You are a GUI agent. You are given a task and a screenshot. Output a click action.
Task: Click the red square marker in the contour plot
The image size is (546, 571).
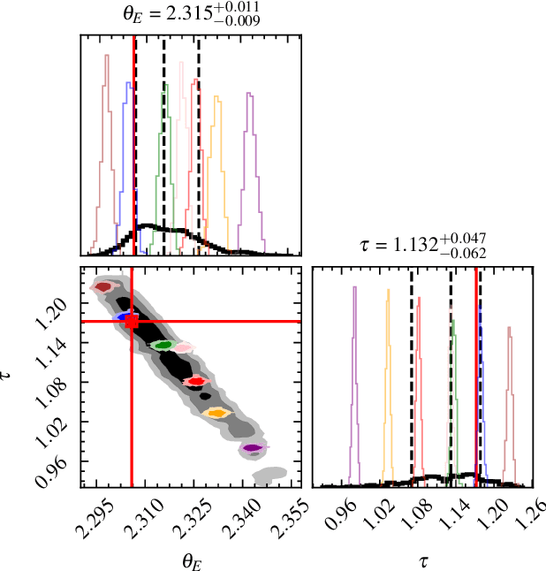click(132, 322)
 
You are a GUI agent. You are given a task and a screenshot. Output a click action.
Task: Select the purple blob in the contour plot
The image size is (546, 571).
click(253, 449)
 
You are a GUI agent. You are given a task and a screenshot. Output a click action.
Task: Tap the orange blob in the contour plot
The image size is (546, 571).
click(215, 412)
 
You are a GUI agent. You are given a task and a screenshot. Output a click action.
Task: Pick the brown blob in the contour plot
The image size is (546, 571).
click(104, 286)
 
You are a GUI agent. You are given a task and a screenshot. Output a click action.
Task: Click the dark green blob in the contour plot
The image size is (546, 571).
click(162, 345)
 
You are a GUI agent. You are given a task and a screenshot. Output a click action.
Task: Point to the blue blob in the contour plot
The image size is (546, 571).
click(123, 316)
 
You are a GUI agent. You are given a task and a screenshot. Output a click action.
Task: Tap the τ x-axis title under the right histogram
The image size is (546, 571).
click(424, 560)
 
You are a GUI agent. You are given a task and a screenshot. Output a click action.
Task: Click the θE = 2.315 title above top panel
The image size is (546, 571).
click(191, 13)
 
